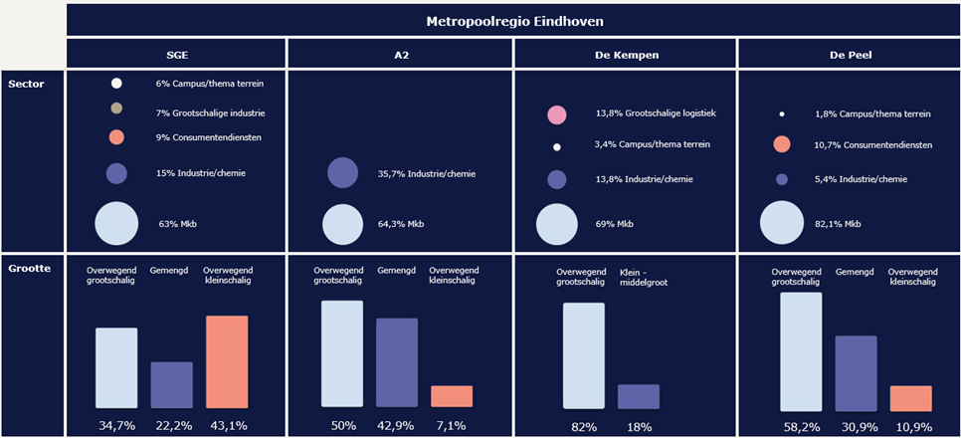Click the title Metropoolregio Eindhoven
513,20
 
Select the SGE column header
177,54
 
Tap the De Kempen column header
625,54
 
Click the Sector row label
27,84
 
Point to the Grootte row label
29,268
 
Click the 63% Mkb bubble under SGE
116,223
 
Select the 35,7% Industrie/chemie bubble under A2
342,173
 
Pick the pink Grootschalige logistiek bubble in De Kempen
557,114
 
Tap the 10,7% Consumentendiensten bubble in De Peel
782,145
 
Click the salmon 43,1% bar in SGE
227,361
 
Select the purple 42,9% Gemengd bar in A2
396,362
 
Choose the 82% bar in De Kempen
583,355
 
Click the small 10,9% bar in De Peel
910,397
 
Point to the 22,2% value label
171,426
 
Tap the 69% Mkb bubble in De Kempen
557,224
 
